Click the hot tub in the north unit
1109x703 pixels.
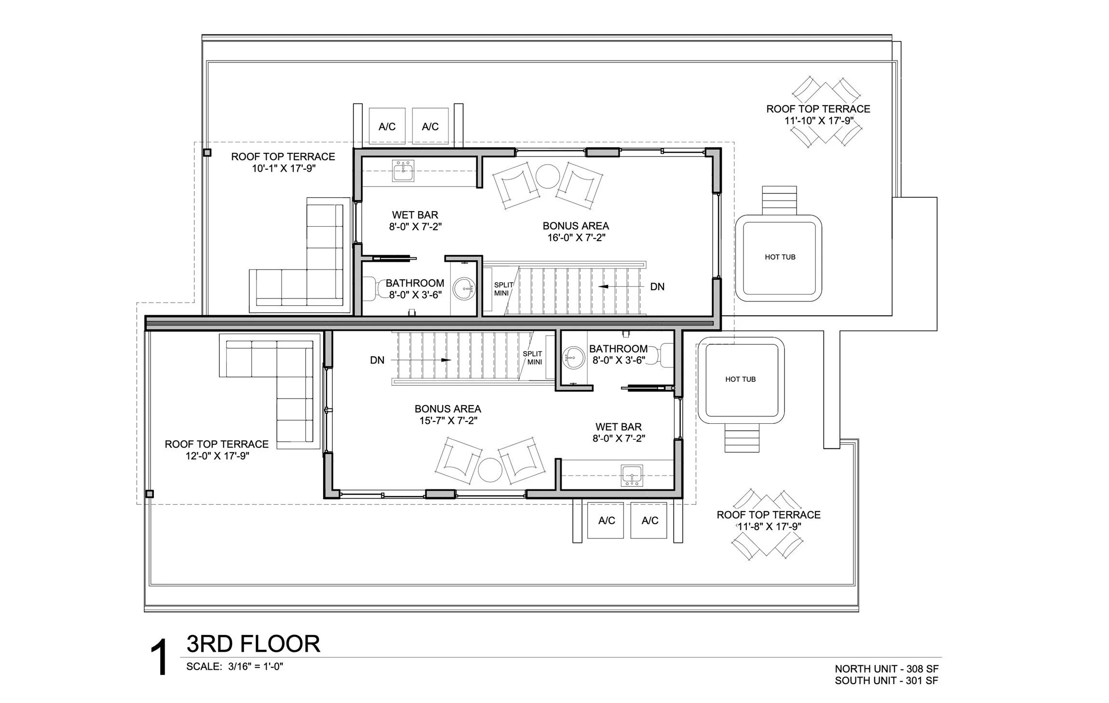point(778,258)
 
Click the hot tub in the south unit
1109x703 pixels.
point(740,380)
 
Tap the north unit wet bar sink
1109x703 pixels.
point(403,171)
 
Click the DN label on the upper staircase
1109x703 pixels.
point(657,287)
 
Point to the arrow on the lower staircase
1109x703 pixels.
point(446,360)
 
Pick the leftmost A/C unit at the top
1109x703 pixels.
point(387,126)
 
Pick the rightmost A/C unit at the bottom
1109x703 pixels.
point(649,521)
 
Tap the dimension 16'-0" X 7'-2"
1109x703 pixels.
point(576,238)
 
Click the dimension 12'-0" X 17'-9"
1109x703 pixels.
point(217,456)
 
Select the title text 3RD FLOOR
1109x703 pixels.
point(253,644)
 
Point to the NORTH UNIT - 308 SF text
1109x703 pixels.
point(886,669)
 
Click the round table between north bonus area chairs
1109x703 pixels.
point(547,177)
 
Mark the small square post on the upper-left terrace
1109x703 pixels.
point(207,153)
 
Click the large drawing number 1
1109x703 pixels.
point(159,658)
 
